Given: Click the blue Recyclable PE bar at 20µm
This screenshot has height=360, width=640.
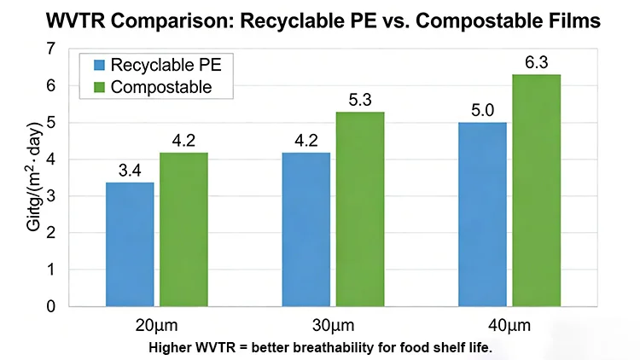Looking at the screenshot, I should [130, 244].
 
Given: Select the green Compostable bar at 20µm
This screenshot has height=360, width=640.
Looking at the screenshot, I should [184, 229].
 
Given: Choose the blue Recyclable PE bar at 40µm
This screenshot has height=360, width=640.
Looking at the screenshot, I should [482, 214].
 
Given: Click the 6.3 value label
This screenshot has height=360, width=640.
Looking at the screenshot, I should [536, 62].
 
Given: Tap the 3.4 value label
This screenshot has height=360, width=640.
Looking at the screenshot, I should [130, 170].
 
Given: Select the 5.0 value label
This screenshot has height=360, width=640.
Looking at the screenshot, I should [482, 111].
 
